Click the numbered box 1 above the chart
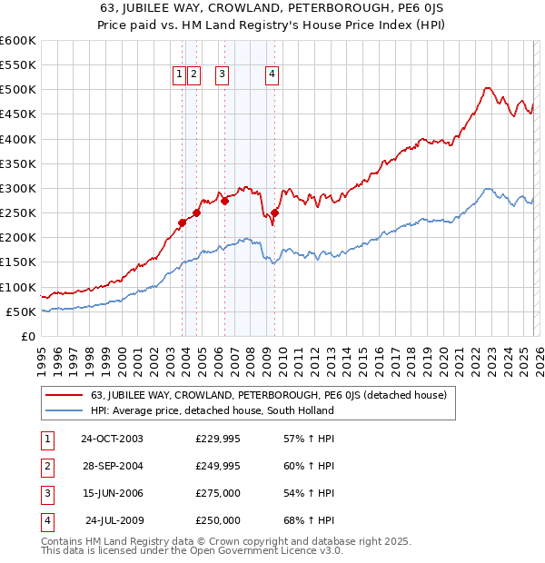click(179, 75)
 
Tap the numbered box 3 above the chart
click(223, 75)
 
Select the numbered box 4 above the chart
click(272, 75)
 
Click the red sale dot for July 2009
click(274, 212)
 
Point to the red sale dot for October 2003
click(183, 222)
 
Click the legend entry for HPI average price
click(212, 410)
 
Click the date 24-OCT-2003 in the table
click(112, 439)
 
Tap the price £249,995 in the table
click(218, 467)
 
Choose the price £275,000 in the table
click(218, 494)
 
